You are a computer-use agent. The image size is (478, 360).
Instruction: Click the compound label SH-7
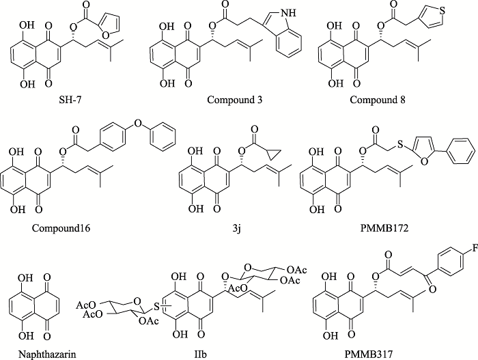[x=70, y=100]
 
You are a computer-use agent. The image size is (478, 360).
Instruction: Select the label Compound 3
[x=234, y=100]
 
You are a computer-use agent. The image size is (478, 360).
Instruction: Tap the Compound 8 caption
[x=378, y=100]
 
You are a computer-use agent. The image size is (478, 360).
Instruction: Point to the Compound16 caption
[x=61, y=228]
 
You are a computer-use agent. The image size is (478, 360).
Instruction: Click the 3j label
[x=237, y=228]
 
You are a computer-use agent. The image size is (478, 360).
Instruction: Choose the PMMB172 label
[x=384, y=228]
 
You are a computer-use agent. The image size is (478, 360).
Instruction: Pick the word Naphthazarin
[x=47, y=355]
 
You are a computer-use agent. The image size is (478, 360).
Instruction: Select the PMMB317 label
[x=369, y=355]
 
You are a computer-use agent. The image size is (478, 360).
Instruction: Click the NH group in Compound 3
[x=290, y=12]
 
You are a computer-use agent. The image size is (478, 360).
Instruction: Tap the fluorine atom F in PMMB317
[x=475, y=249]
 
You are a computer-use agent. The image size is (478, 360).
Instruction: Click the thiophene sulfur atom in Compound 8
[x=442, y=11]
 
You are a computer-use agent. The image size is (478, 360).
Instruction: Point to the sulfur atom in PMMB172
[x=401, y=144]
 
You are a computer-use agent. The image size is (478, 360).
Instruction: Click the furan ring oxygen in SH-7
[x=105, y=36]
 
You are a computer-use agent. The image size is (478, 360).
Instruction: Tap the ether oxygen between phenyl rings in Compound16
[x=138, y=123]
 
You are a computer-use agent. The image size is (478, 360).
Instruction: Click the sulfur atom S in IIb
[x=156, y=306]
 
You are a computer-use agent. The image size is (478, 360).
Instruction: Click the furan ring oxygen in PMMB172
[x=424, y=161]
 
